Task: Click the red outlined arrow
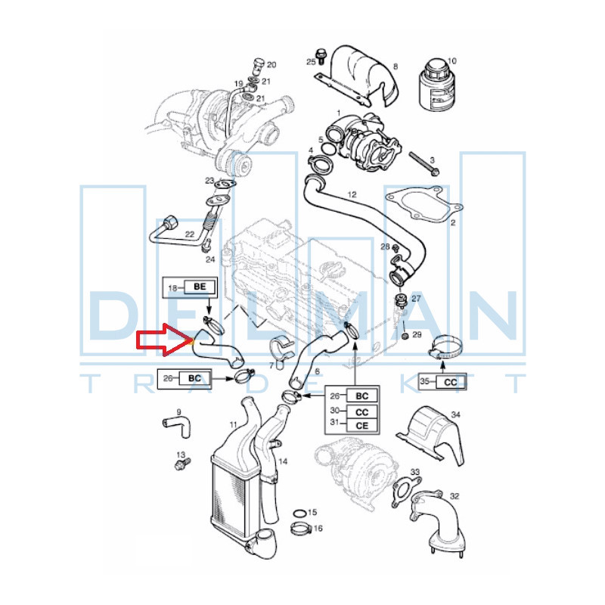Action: (164, 340)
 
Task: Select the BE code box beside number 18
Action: (199, 287)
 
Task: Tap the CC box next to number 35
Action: (450, 382)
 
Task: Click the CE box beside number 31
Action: (362, 426)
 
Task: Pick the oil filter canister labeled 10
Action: (437, 83)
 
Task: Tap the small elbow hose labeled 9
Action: (177, 426)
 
